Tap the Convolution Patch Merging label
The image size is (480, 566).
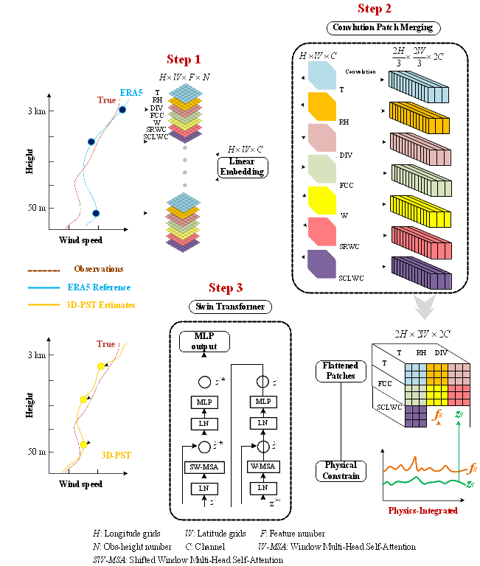coord(382,28)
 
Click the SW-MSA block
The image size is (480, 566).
coord(204,467)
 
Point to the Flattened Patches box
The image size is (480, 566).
coord(339,371)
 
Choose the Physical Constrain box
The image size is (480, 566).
coord(340,471)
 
